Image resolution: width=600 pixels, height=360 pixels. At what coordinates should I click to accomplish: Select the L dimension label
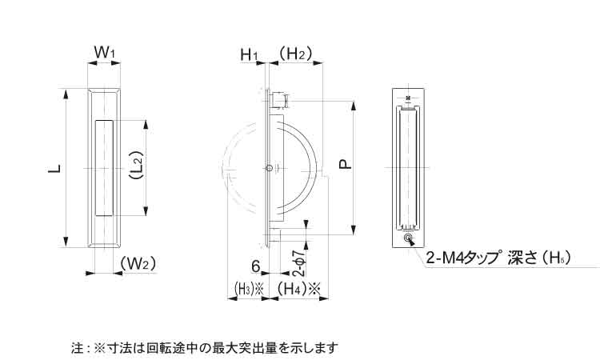click(x=54, y=169)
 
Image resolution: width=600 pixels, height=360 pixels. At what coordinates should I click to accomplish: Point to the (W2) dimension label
click(x=137, y=263)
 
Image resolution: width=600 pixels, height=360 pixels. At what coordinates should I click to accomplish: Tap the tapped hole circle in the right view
click(x=409, y=239)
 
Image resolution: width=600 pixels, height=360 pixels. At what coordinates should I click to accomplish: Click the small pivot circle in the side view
click(x=270, y=168)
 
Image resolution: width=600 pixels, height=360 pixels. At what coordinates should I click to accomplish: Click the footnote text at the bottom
click(x=205, y=348)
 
